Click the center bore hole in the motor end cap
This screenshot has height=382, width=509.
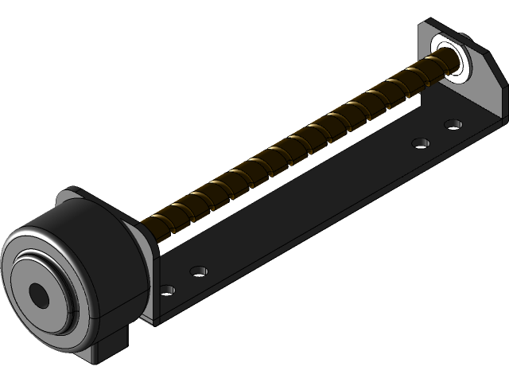tap(38, 295)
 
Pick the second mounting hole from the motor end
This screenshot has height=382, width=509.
tap(199, 271)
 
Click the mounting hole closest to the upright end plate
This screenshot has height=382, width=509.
tap(453, 124)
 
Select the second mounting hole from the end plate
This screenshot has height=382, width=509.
tap(421, 143)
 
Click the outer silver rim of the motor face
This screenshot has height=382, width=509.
tap(16, 263)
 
